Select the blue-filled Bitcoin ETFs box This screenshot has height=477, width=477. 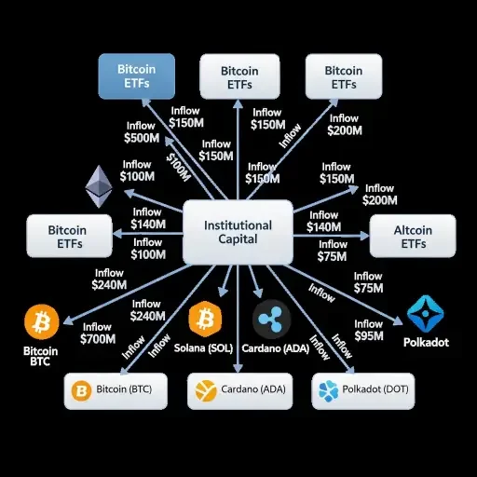coord(137,76)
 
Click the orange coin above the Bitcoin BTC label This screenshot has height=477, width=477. coord(41,323)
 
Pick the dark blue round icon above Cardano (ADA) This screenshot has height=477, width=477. coord(271,320)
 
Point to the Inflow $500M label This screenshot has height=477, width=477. coord(141,131)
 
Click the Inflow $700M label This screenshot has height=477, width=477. coord(98,333)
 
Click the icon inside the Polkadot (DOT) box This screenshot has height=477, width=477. coord(328,389)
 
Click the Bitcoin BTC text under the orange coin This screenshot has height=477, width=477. coord(39,357)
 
